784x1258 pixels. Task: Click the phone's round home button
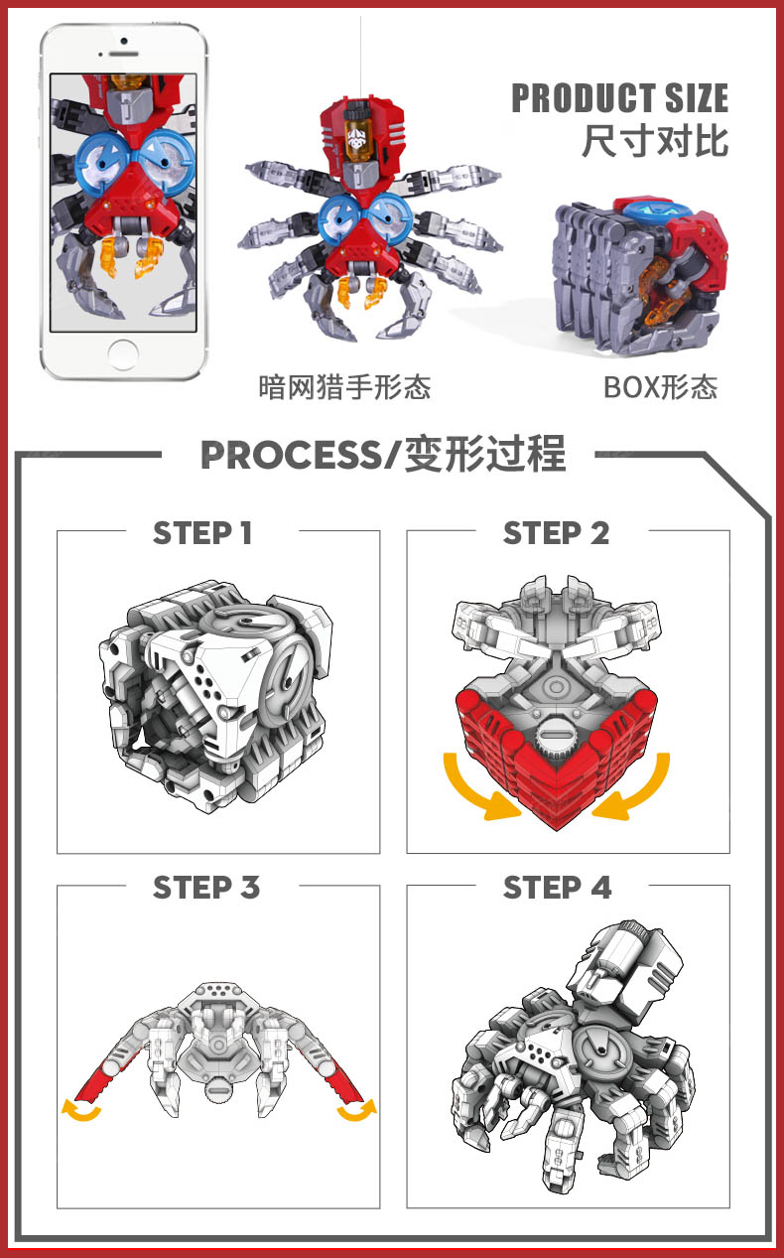[x=122, y=353]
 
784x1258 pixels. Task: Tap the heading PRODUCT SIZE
[x=620, y=98]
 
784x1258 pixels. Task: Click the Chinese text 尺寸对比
[x=655, y=140]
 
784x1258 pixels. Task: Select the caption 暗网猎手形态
[x=344, y=387]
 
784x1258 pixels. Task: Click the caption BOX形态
[x=661, y=387]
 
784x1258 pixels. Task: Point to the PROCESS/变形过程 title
[x=383, y=454]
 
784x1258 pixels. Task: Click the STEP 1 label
[x=202, y=533]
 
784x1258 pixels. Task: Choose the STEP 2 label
[x=556, y=533]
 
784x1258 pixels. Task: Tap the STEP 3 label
[x=206, y=888]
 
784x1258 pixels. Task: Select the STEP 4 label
[x=558, y=888]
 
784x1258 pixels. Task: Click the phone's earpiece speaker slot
[x=123, y=54]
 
